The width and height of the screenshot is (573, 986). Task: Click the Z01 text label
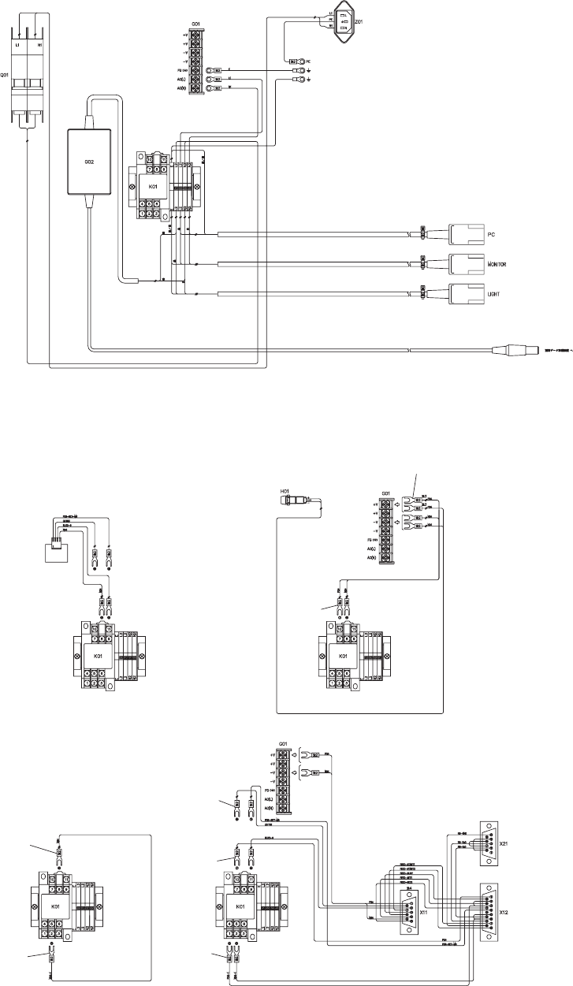point(358,21)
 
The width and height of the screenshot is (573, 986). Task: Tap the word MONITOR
point(501,264)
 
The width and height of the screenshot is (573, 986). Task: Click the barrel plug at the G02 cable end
point(517,348)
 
